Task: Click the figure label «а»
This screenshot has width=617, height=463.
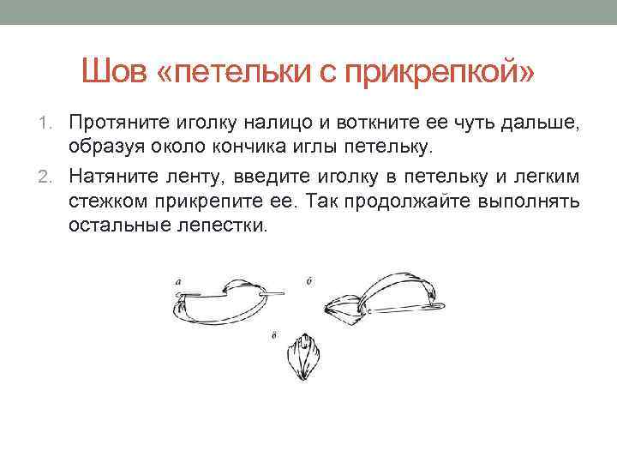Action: point(177,280)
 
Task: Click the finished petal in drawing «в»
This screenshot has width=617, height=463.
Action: point(304,358)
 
